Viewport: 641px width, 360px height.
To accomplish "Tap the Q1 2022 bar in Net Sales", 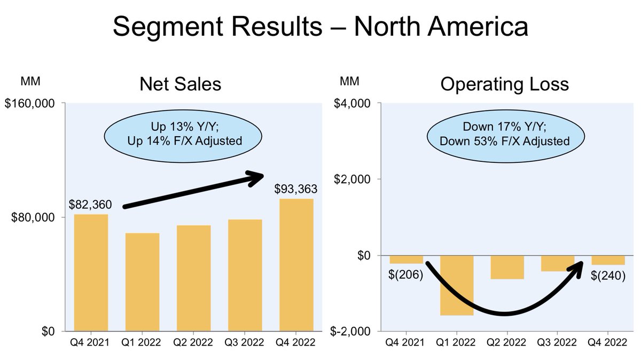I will coord(142,281).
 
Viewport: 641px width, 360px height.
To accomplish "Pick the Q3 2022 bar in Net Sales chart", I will coord(245,275).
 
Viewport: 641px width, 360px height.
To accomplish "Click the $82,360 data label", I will coord(90,205).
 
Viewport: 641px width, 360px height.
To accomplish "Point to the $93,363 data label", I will coord(296,189).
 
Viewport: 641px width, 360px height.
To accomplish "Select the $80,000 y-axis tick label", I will coord(33,217).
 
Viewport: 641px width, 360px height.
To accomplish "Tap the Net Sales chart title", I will coord(180,84).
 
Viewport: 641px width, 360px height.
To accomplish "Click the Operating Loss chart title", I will coord(505,84).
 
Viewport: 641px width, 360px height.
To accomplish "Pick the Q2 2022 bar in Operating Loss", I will coord(507,267).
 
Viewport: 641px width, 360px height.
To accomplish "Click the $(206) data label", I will coord(406,275).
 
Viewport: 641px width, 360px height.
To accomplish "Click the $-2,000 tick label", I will coord(356,331).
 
